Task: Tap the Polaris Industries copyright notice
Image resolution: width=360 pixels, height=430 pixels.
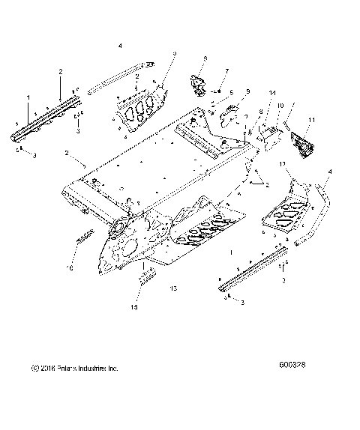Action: [x=74, y=368]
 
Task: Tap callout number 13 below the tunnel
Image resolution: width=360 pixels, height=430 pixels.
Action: [x=173, y=287]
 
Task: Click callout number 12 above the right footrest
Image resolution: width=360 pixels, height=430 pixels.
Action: [x=283, y=163]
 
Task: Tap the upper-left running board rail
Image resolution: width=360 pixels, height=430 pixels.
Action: [x=45, y=121]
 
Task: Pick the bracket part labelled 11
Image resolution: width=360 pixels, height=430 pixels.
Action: [x=303, y=142]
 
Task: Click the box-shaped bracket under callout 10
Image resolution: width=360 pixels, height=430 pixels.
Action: [x=270, y=136]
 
